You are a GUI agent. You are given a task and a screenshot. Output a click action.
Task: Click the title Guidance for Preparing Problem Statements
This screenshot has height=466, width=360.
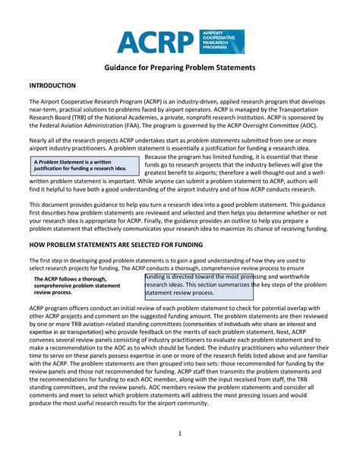(x=180, y=68)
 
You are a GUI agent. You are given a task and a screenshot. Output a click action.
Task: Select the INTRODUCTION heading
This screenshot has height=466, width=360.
(x=53, y=86)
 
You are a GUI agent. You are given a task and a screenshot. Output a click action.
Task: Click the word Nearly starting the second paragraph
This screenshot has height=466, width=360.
(x=40, y=141)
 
